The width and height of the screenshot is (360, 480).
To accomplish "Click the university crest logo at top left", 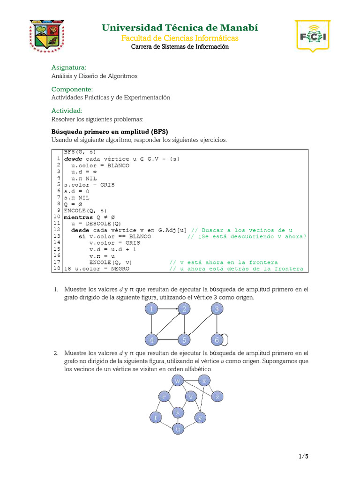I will [x=47, y=36].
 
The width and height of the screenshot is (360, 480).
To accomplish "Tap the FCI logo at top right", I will [x=312, y=36].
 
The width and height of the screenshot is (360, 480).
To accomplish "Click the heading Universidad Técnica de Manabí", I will [x=180, y=28].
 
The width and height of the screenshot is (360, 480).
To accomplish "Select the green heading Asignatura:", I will [x=69, y=67].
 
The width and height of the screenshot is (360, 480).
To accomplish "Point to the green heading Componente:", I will [x=72, y=89].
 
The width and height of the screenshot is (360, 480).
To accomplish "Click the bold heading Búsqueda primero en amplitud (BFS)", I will [x=110, y=131].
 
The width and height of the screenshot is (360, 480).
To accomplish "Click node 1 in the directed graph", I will [x=151, y=309].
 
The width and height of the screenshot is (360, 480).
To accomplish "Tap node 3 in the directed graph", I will [x=217, y=309].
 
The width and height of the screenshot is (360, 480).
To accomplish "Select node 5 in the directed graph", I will [x=184, y=339].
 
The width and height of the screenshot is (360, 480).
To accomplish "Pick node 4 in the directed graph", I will [x=151, y=339].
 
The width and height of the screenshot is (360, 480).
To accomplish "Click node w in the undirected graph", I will [x=178, y=381].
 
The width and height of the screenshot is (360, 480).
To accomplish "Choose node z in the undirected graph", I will [x=216, y=397].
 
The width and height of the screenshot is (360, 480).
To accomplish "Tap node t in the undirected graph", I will [x=156, y=417].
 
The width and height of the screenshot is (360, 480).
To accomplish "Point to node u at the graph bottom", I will [x=178, y=429].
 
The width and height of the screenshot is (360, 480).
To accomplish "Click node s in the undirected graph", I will [x=178, y=412].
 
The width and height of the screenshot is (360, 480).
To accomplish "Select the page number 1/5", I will [x=303, y=456].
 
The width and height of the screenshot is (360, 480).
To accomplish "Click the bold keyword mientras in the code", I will [x=78, y=217].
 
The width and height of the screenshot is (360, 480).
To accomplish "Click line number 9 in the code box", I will [x=59, y=210].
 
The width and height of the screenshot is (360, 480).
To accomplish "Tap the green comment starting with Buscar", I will [x=242, y=230].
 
